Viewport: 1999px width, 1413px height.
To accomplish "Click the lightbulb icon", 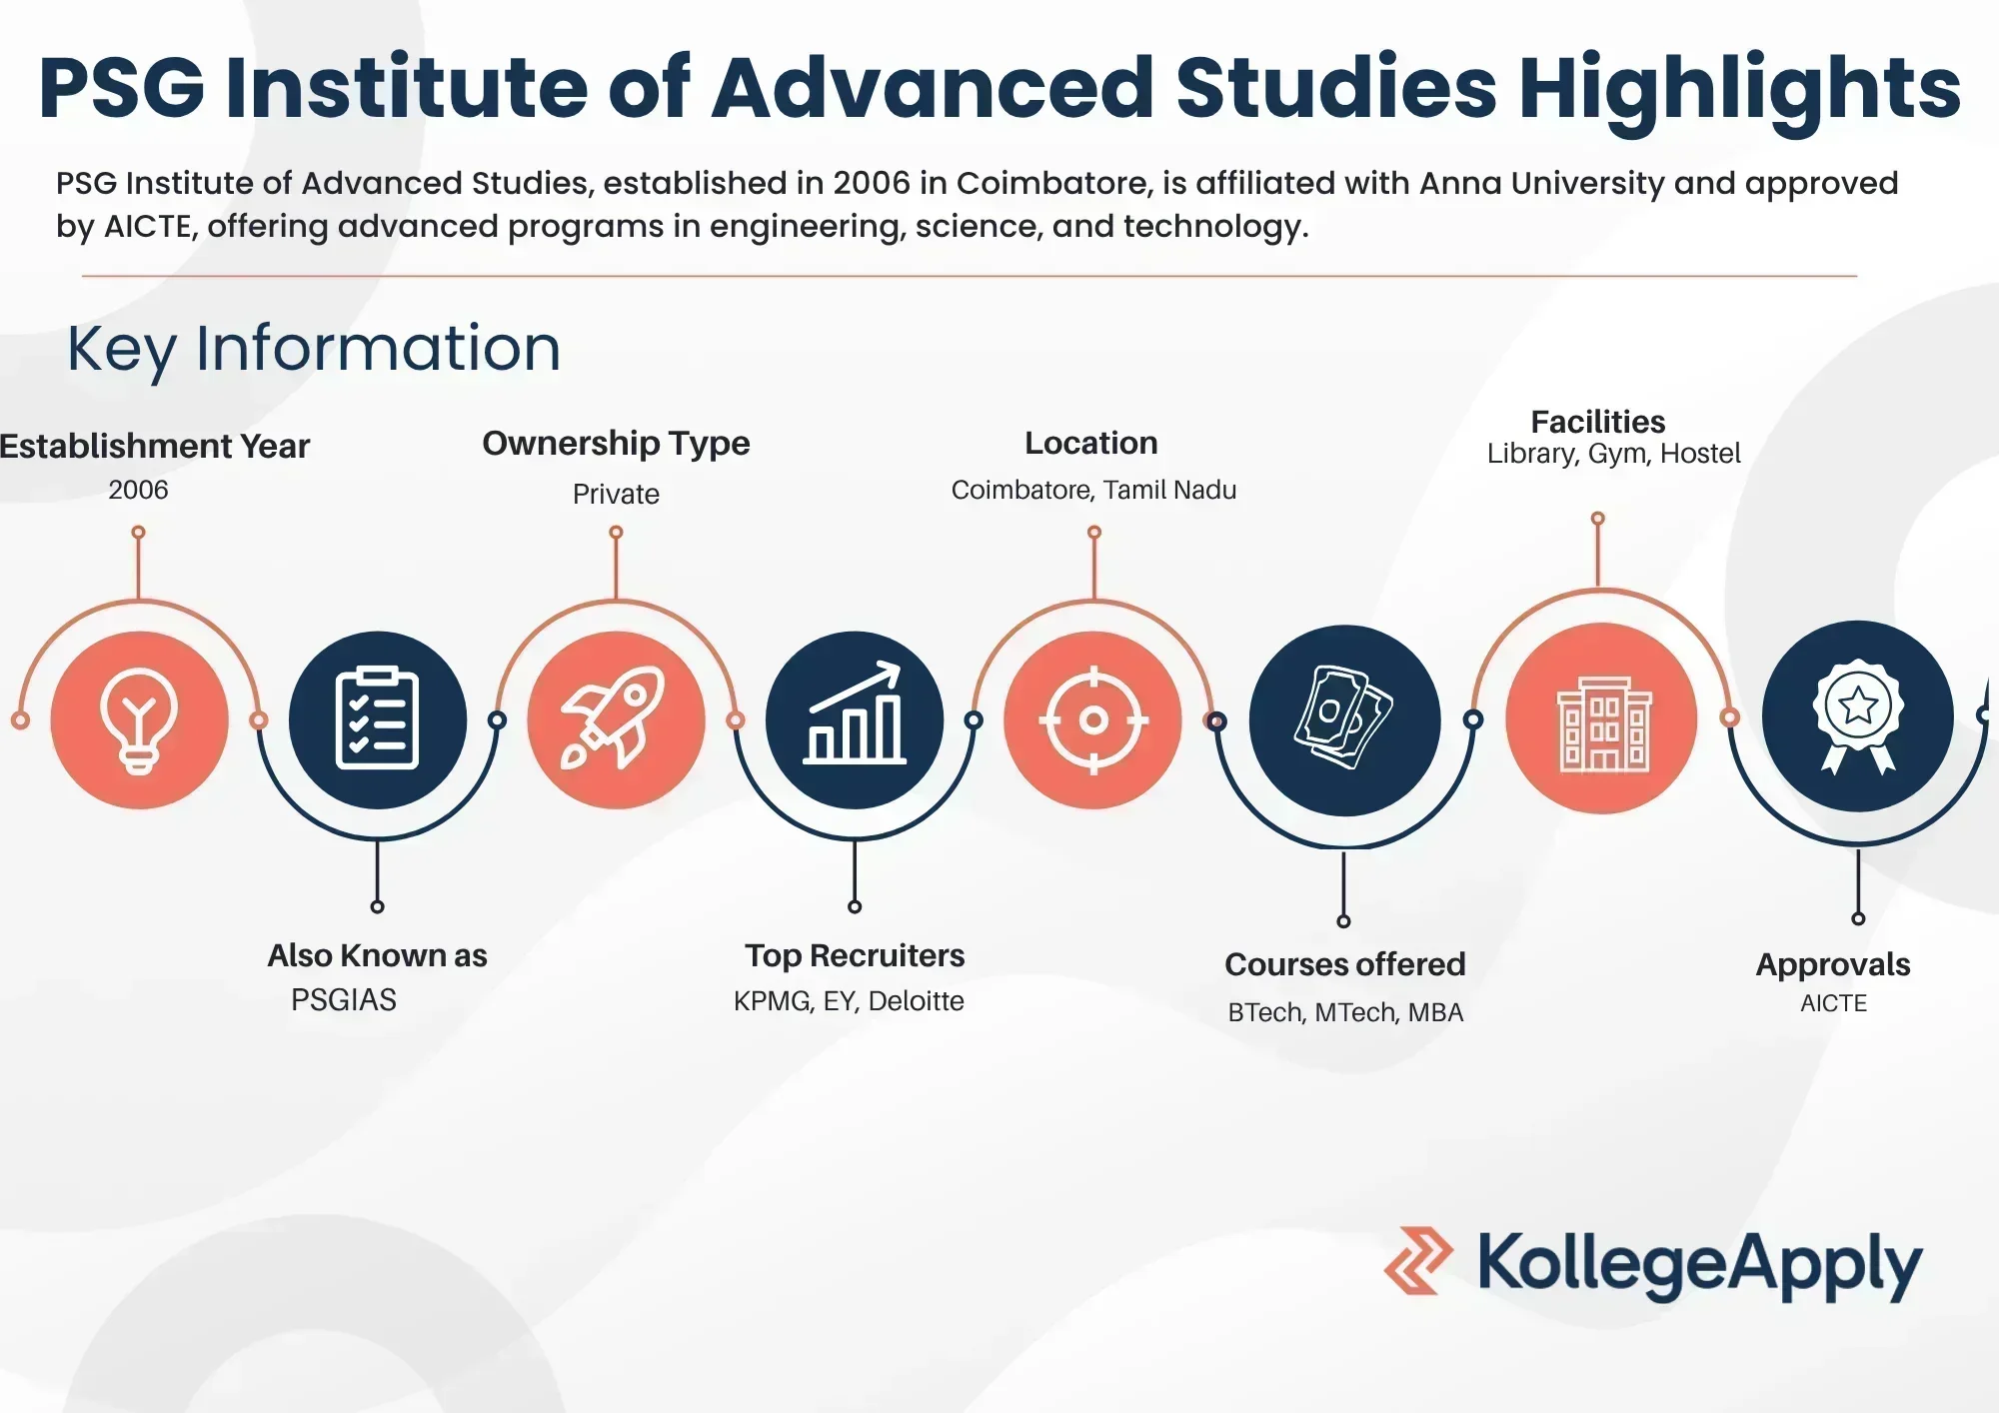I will pos(139,719).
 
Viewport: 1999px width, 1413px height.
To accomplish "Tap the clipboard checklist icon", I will pos(377,718).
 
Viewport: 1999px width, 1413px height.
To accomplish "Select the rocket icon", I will pos(616,718).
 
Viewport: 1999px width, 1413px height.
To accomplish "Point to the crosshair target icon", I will pos(1093,719).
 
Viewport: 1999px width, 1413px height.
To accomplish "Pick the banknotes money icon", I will pos(1343,717).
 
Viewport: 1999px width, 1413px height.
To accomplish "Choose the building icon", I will pos(1602,718).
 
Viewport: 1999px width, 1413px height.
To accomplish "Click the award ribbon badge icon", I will pos(1857,715).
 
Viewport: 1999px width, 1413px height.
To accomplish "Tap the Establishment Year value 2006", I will pos(138,490).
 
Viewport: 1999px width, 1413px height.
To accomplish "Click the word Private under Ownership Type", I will pos(616,494).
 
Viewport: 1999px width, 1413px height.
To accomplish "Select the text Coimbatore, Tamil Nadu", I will pos(1093,490).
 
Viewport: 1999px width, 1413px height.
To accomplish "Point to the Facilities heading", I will pos(1597,422).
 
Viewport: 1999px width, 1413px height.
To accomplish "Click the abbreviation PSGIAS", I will pos(343,999).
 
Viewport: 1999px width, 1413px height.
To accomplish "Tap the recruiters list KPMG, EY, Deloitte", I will pos(849,1000).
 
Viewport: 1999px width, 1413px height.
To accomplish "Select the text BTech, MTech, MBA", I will pos(1345,1012).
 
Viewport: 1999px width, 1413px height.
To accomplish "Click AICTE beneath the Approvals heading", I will pos(1833,1003).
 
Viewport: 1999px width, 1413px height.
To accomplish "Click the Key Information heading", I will pos(314,349).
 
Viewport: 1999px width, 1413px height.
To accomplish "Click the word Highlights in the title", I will pos(1740,88).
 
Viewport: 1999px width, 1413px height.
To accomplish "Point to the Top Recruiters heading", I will pos(855,955).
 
